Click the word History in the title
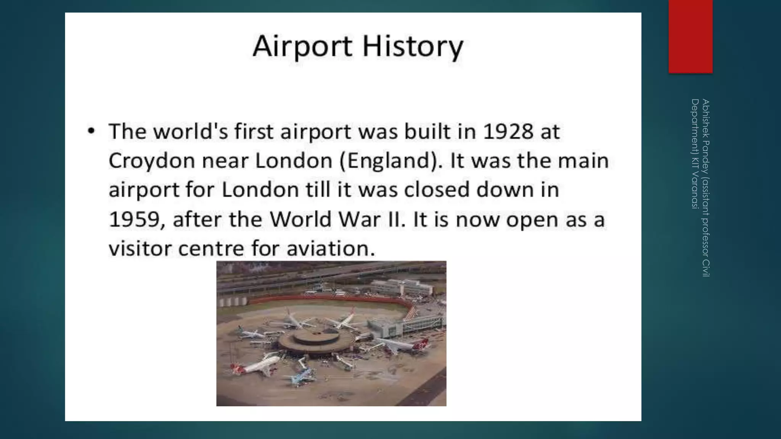(x=413, y=46)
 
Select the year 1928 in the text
(x=508, y=131)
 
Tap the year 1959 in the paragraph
(x=133, y=219)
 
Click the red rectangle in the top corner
(x=690, y=36)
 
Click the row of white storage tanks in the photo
(x=235, y=301)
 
